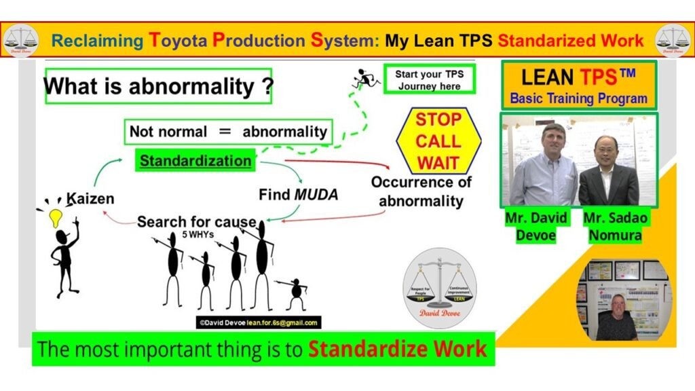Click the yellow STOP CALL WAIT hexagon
pyautogui.click(x=438, y=141)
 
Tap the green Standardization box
pyautogui.click(x=195, y=161)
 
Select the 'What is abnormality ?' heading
pyautogui.click(x=158, y=86)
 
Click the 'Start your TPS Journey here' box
pyautogui.click(x=429, y=79)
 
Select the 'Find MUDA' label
pyautogui.click(x=298, y=195)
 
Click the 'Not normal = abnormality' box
pyautogui.click(x=228, y=131)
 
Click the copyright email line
pyautogui.click(x=258, y=323)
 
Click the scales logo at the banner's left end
pyautogui.click(x=18, y=40)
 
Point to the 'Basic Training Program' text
pyautogui.click(x=578, y=98)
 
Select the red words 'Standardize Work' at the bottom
pyautogui.click(x=397, y=350)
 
